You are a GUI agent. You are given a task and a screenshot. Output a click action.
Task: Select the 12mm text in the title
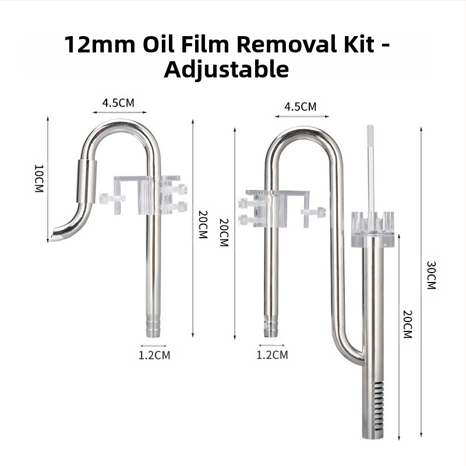(x=100, y=44)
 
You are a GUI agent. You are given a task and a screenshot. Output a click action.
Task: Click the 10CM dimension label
(x=39, y=179)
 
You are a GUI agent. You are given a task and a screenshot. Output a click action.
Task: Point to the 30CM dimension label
(x=431, y=275)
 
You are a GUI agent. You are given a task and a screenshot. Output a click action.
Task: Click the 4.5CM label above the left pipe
(x=118, y=103)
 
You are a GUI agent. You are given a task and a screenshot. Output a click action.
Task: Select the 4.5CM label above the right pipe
(x=301, y=107)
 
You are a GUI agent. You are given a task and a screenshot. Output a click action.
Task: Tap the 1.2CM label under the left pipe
(x=154, y=355)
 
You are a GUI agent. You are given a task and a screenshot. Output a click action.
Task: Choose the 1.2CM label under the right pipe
(x=272, y=355)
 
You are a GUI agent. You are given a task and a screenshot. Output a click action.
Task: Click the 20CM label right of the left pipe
(x=203, y=224)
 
